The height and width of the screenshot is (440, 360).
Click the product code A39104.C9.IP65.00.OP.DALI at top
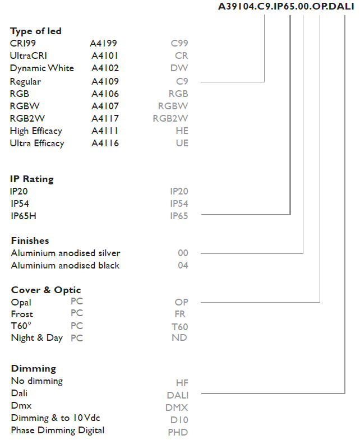pos(286,7)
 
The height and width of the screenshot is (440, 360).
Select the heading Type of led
pos(36,31)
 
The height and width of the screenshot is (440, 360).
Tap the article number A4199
pos(103,43)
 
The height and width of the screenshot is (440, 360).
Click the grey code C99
pos(179,43)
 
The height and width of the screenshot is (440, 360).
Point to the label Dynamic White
pos(42,68)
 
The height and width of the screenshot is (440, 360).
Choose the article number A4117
pos(105,118)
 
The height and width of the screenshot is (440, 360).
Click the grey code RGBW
pos(173,106)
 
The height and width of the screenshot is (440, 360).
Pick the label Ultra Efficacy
pos(37,143)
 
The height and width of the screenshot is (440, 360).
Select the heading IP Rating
pos(32,179)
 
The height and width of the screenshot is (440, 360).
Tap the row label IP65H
pos(24,216)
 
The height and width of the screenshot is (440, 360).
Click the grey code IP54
pos(179,203)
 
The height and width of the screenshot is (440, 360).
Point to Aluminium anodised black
pos(65,266)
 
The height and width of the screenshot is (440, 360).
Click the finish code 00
pos(183,253)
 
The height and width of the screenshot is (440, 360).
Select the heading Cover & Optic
pos(46,290)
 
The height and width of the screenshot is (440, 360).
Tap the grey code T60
pos(180,327)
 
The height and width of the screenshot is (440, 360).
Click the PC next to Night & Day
pos(77,338)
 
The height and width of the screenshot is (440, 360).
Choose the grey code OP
pos(182,302)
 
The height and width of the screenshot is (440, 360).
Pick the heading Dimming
pos(34,368)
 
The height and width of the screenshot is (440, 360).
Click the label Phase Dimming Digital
pos(58,430)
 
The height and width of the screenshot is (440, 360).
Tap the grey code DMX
pos(177,407)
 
